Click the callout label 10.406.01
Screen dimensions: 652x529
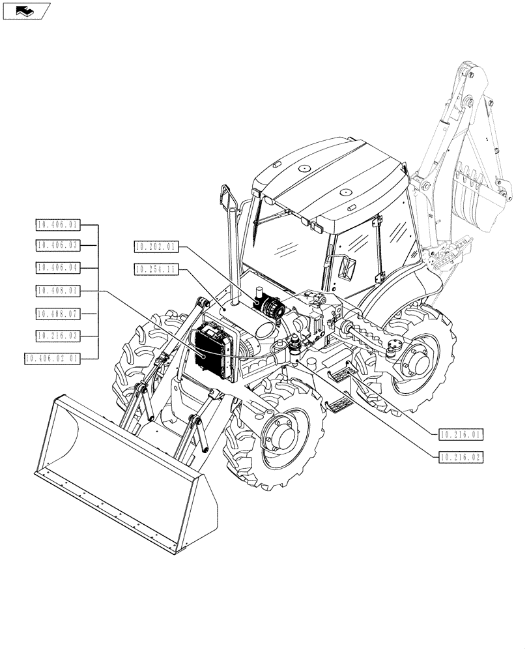point(57,225)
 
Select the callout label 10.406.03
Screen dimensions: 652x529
point(57,245)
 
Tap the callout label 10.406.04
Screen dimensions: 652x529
point(57,267)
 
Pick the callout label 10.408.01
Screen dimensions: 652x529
point(57,290)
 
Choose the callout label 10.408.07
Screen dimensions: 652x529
point(57,314)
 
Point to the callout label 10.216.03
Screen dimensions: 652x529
point(57,335)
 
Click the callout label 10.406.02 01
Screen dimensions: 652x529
point(52,358)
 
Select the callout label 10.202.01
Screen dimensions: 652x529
point(156,246)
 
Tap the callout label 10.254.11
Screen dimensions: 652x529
point(156,268)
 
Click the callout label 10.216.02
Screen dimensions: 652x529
point(460,457)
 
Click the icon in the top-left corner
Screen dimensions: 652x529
point(25,10)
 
